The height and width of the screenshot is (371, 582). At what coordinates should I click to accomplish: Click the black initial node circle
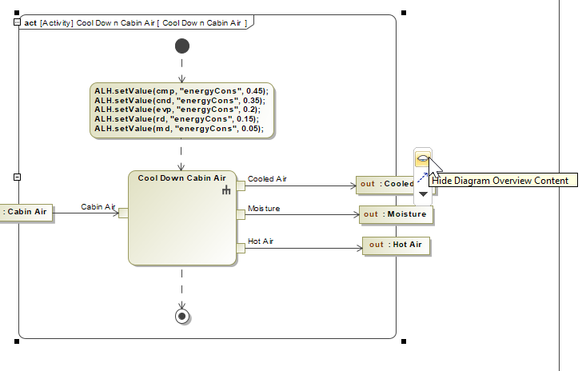pos(182,46)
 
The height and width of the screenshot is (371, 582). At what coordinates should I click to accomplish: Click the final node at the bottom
pos(182,316)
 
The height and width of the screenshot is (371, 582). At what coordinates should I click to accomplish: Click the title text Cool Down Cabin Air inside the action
pos(181,178)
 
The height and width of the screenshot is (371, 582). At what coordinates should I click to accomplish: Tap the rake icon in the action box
pos(226,189)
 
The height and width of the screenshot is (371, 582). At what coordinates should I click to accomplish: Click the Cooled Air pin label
pos(266,179)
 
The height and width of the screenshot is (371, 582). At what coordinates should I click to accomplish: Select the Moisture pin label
pos(264,209)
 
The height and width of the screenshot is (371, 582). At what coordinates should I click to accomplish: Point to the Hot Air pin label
pos(261,241)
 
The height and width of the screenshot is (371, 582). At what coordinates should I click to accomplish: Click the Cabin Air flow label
pos(98,207)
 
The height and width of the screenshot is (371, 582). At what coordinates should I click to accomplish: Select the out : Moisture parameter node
pos(396,214)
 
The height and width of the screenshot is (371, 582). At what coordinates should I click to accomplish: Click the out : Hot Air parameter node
pos(397,245)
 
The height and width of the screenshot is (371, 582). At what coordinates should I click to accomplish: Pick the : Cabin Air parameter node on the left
pos(26,212)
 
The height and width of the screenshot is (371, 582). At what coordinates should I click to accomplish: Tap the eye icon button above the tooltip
pos(422,160)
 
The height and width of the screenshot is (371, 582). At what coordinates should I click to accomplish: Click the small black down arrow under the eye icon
pos(423,194)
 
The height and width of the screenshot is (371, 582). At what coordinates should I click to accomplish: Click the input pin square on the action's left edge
pos(123,213)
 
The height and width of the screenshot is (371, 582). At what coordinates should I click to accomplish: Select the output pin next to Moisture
pos(240,213)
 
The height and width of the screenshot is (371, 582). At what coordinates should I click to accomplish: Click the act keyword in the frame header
pos(30,22)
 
